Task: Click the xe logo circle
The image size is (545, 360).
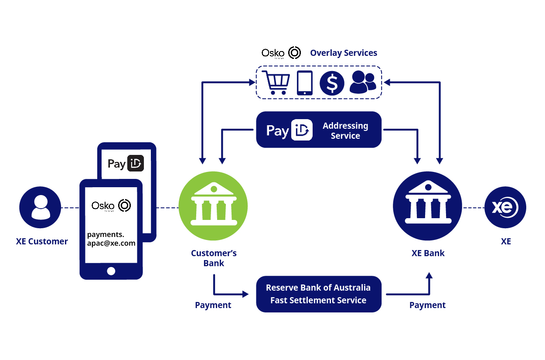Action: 505,208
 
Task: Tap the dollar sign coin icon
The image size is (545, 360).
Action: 332,83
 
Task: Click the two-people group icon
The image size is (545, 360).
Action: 363,82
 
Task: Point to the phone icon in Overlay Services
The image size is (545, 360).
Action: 305,83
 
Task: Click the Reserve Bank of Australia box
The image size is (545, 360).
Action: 319,294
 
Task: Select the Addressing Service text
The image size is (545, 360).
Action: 345,131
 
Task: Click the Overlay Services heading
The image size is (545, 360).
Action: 344,53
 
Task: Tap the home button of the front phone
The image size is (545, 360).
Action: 111,271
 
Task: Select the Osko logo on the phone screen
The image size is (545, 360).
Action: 111,206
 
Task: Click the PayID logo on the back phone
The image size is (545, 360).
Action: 126,164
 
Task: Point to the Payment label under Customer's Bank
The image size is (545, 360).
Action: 213,305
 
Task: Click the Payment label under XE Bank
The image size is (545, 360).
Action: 427,305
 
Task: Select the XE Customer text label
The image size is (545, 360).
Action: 42,241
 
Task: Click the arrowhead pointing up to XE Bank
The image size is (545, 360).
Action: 429,276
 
